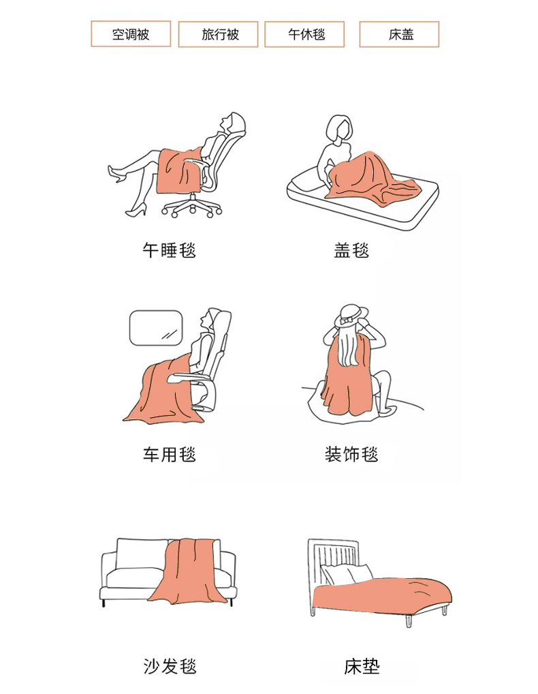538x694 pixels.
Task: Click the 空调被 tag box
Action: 131,33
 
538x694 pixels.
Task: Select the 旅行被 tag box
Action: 218,33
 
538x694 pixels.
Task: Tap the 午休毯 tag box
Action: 304,33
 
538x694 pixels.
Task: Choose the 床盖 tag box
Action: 399,33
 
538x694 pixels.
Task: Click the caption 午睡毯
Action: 170,250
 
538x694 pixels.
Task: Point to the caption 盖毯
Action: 351,250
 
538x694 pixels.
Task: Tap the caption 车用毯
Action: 170,454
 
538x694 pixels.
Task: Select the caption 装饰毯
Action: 351,454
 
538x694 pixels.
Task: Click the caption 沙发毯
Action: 170,666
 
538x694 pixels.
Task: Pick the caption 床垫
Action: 362,666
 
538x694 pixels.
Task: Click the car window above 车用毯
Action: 155,328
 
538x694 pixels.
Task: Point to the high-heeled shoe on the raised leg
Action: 116,173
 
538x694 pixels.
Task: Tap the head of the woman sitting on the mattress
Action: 340,128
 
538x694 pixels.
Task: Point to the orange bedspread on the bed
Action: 383,596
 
